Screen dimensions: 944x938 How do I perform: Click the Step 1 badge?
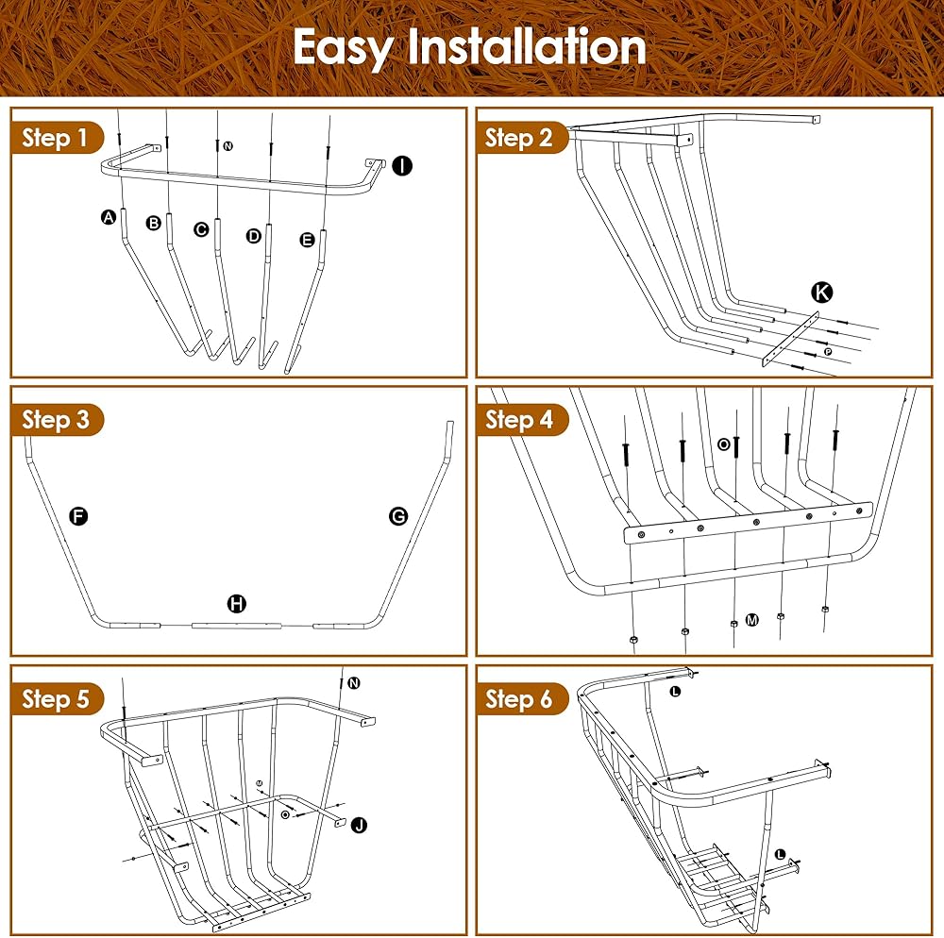tap(56, 138)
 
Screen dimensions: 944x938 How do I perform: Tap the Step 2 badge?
tap(521, 138)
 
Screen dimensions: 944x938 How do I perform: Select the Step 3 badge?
tap(56, 419)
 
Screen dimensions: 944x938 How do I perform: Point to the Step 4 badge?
tap(521, 419)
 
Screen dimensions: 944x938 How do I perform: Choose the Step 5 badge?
tap(56, 698)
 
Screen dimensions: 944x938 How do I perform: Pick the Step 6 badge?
tap(521, 698)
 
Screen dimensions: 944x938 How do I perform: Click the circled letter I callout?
tap(402, 165)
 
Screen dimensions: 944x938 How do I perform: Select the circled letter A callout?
tap(109, 217)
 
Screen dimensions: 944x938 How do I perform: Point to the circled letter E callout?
tap(307, 240)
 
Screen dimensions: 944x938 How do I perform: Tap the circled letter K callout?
tap(822, 293)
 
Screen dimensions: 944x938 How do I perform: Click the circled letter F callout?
tap(78, 516)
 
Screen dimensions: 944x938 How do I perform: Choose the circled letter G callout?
tap(398, 516)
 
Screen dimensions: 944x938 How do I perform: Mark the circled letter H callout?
tap(237, 604)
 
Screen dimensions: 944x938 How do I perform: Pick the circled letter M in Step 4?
tap(752, 620)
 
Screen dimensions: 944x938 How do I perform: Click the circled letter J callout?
tap(360, 825)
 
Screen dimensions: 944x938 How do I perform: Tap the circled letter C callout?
tap(201, 229)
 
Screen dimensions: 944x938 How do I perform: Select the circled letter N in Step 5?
tap(354, 683)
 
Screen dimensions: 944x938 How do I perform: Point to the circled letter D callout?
tap(253, 236)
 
